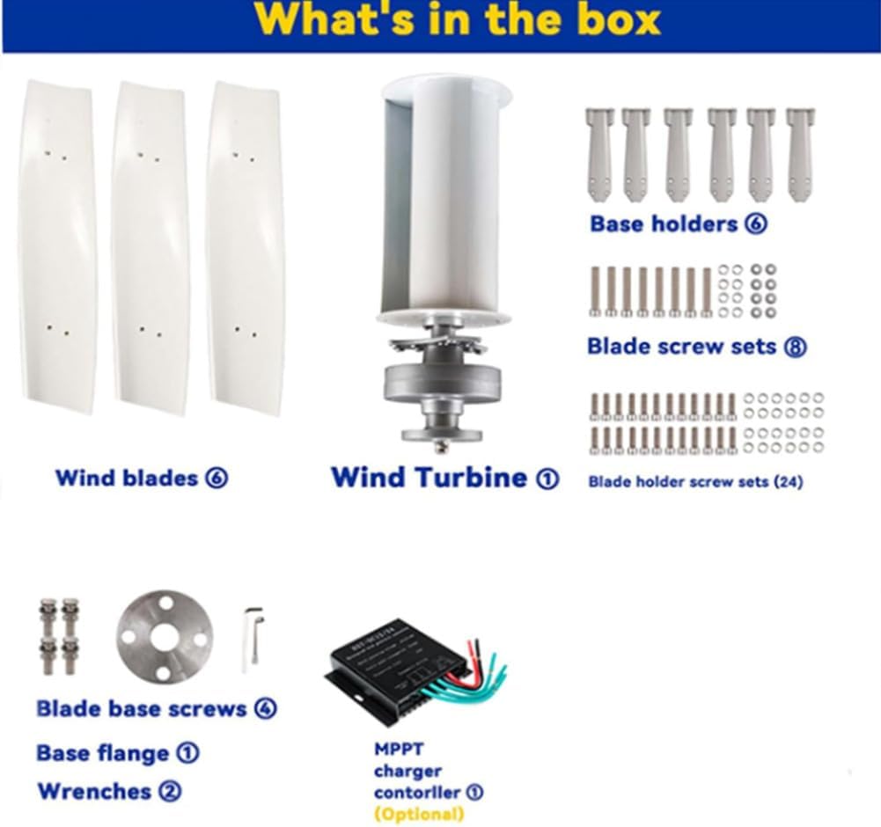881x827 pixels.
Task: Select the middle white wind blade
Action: coord(149,246)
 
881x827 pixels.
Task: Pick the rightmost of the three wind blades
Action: coord(245,246)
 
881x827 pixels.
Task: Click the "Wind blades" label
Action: coord(141,478)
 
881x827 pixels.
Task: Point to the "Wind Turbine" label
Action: coord(444,478)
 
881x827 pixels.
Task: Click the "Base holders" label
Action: coord(679,223)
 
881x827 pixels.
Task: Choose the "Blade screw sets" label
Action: coord(696,346)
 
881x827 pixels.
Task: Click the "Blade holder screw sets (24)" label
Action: coord(695,481)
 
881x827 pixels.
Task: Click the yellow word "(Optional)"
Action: coord(419,814)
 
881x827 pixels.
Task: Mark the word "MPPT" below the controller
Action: coord(399,750)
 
